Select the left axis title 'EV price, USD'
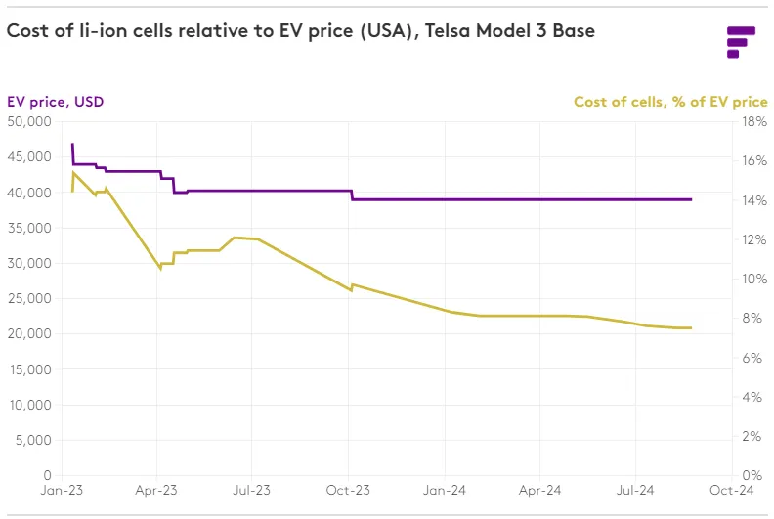(x=55, y=102)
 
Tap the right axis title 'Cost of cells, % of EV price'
(x=669, y=102)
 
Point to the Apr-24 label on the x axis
(x=539, y=493)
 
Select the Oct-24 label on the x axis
(x=732, y=493)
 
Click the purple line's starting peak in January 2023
(x=72, y=145)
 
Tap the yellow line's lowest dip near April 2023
(x=160, y=268)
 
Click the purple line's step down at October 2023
(x=352, y=195)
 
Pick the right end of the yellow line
(x=691, y=327)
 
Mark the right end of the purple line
(x=691, y=199)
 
